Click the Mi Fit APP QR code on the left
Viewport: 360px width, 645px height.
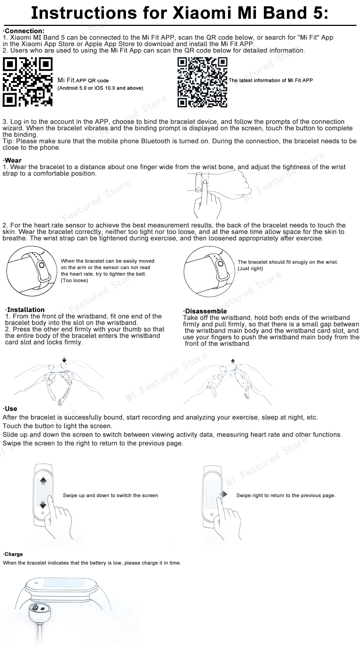28,82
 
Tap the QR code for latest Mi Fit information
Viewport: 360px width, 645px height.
203,82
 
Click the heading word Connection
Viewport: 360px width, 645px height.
24,31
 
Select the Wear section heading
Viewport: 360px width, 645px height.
13,160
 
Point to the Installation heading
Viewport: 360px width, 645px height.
26,310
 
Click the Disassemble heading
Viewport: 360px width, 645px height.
206,311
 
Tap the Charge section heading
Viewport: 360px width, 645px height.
14,554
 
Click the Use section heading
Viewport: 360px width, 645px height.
11,409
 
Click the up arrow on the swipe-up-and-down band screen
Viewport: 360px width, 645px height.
43,481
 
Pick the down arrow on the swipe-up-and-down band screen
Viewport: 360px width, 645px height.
43,504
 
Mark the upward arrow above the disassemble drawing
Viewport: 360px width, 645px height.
233,361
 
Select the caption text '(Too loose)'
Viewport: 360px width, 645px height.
75,281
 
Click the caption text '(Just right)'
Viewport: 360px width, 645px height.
250,269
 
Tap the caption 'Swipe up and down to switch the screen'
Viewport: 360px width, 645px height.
110,495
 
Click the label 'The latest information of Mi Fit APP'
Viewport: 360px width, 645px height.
271,80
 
